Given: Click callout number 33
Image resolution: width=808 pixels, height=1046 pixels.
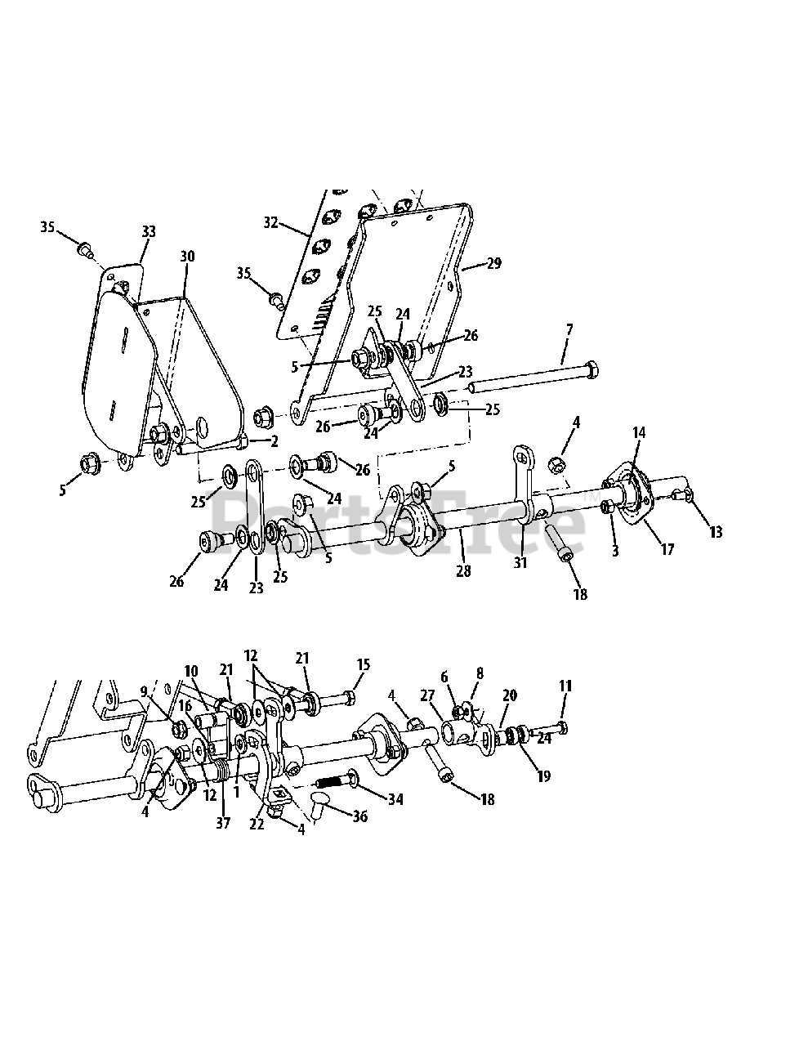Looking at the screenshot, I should coord(148,232).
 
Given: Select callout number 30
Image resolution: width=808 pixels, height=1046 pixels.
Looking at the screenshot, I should coord(187,256).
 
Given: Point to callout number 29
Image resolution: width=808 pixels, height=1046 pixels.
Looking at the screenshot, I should coord(493,263).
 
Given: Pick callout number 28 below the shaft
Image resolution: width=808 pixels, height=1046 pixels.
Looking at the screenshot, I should coord(463,571).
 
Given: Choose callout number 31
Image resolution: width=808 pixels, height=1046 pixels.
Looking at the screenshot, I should coord(520,562).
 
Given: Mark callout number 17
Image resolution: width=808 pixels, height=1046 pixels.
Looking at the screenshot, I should coord(667,549).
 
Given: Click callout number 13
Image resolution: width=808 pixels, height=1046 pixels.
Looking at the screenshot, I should coord(716,533).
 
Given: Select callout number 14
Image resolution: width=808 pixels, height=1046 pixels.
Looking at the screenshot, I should coord(639,432).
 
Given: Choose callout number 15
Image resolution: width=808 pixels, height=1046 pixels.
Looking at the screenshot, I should coord(364,665).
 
